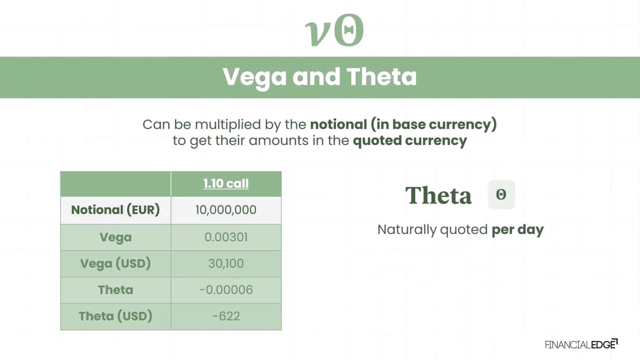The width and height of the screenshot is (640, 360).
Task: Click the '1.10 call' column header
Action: point(226,183)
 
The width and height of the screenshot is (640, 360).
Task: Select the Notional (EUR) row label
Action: point(115,210)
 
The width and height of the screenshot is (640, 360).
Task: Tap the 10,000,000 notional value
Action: point(226,210)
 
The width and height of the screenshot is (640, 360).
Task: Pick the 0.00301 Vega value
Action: point(226,237)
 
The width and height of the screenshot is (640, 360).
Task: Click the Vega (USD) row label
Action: point(115,263)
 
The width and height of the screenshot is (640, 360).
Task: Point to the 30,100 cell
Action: point(226,263)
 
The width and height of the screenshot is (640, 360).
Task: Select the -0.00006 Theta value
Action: point(226,290)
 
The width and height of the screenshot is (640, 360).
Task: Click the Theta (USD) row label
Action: point(115,316)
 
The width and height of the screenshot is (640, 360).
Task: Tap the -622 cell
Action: point(226,316)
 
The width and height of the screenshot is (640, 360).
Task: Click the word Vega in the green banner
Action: point(254,78)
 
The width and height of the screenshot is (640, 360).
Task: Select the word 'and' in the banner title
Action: point(316,77)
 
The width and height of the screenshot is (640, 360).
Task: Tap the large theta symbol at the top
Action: point(349,30)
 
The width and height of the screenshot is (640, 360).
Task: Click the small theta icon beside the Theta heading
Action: point(501,195)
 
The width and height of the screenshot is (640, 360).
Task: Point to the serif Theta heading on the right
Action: point(438,195)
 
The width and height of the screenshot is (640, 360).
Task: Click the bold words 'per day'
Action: point(517,230)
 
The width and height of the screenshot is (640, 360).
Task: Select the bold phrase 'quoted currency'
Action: point(410,141)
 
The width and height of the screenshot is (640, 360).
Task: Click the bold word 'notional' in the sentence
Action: point(339,124)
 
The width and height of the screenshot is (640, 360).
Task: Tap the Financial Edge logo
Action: point(581,345)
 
